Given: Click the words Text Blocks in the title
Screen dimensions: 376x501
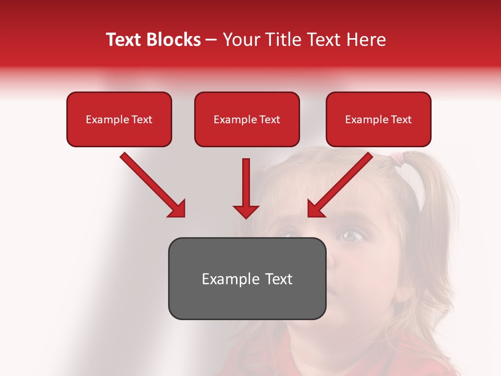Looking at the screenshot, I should click(153, 40).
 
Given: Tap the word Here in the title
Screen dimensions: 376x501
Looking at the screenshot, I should click(365, 40).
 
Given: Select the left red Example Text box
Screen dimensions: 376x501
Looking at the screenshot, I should click(119, 120).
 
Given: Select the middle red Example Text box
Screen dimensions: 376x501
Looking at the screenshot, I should click(247, 120).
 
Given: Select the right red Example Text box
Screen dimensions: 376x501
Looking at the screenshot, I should click(378, 120).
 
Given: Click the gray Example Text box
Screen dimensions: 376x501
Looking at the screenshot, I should click(247, 279).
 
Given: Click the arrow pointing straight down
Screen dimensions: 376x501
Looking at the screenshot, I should click(246, 185).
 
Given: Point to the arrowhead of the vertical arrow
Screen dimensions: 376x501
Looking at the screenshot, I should click(246, 211).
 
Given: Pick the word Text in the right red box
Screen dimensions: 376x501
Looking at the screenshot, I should click(401, 120).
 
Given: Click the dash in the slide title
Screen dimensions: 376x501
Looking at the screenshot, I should click(211, 40).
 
